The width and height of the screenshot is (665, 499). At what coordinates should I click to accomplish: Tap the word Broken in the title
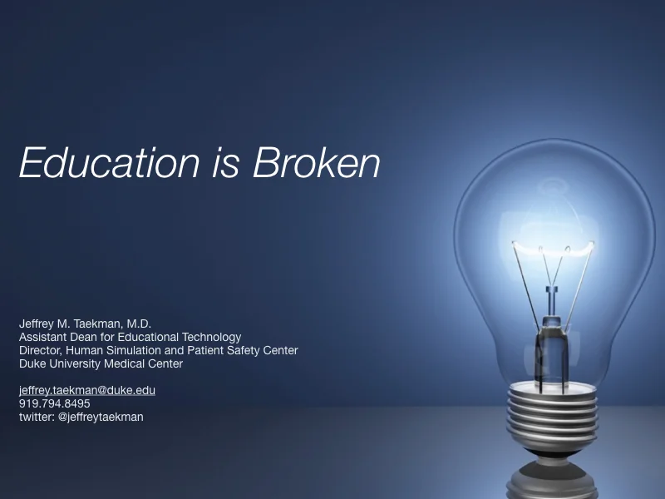pos(317,162)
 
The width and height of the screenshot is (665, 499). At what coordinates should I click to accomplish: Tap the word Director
pos(39,350)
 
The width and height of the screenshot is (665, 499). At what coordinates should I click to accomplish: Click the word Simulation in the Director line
pos(128,350)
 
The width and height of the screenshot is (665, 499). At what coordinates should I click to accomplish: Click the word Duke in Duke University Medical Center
pos(32,363)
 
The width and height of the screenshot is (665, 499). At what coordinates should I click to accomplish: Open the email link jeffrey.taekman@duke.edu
pos(87,390)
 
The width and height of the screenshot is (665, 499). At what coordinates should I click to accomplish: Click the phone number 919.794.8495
pos(55,403)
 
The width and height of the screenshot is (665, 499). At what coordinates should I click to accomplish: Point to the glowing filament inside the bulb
pos(553,247)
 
